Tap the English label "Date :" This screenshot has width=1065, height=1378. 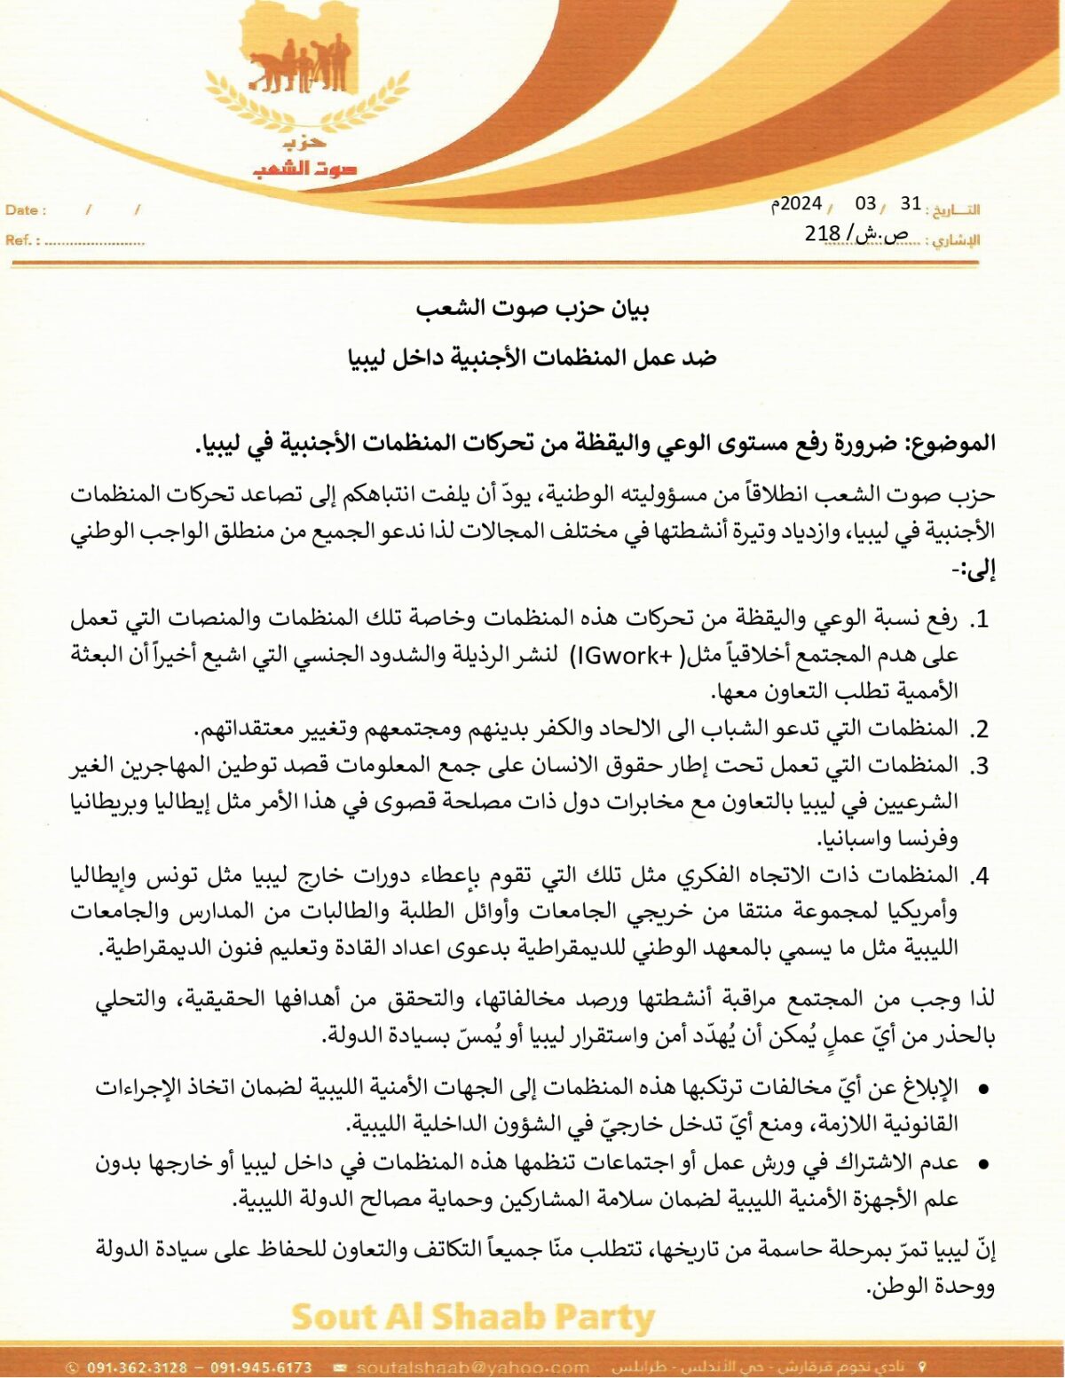(x=26, y=210)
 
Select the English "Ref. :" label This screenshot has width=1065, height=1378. (x=23, y=240)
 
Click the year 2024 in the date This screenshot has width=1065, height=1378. (x=801, y=204)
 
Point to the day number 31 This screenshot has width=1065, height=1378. (x=911, y=203)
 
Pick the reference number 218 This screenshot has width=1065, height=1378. (x=822, y=233)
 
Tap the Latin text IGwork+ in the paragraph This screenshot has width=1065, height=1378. (x=625, y=655)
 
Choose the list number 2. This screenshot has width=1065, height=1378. (x=980, y=729)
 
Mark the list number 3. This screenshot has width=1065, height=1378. (x=980, y=765)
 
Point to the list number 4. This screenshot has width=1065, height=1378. (x=980, y=876)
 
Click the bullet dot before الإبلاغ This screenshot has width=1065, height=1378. (x=982, y=1089)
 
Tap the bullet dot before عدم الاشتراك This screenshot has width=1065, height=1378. (x=982, y=1163)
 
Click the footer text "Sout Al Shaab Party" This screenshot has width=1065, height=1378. (x=472, y=1318)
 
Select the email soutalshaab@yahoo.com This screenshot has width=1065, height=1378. (x=472, y=1367)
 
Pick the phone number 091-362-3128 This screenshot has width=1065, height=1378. (x=138, y=1367)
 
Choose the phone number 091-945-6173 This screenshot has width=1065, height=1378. (x=261, y=1367)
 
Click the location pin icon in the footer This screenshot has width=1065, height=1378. (x=922, y=1366)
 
